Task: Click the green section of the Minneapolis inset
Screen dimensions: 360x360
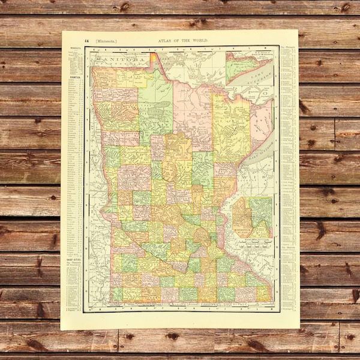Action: (x=262, y=210)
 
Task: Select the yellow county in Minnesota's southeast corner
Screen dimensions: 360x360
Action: (x=263, y=292)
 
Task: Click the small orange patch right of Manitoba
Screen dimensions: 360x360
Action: (x=154, y=58)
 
